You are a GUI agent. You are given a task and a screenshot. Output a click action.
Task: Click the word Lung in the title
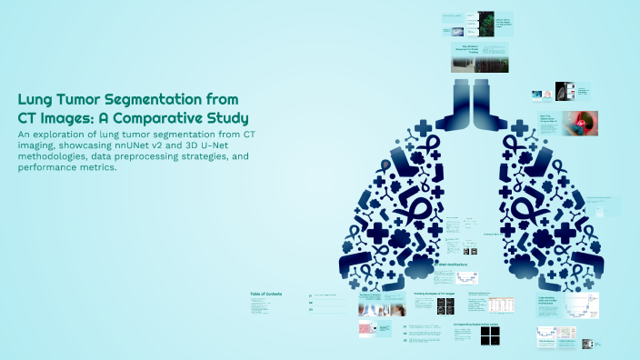tap(37, 101)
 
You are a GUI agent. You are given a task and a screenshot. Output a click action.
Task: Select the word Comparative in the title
tap(160, 118)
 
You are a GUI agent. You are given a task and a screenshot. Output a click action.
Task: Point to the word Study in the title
tap(226, 118)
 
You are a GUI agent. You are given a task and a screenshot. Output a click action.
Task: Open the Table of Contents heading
tap(266, 294)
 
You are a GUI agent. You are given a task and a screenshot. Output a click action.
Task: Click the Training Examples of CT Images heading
tap(434, 295)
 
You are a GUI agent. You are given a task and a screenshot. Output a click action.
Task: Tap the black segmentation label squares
tap(490, 335)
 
